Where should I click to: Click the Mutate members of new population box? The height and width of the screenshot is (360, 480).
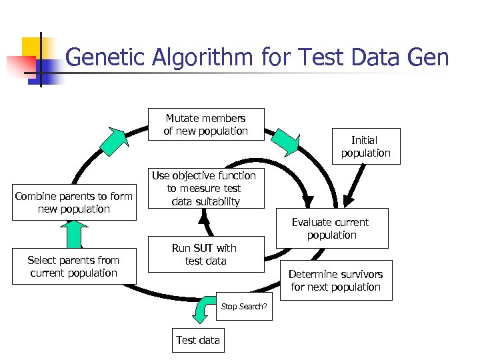point(205,125)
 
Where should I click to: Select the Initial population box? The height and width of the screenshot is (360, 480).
point(365,146)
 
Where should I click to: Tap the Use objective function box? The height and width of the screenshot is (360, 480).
point(204,188)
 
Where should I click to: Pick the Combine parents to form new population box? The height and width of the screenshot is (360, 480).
point(73,202)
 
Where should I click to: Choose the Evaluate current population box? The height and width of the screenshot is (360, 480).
point(331,228)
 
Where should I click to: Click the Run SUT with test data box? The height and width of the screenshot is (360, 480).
point(205,254)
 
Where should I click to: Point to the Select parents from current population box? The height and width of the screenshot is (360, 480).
point(73,266)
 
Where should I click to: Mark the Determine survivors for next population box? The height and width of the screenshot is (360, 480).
point(335,280)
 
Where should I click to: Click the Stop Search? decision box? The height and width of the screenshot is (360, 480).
point(244,306)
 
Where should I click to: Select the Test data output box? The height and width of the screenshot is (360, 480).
point(197,340)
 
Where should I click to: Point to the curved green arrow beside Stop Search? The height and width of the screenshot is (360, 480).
point(203,307)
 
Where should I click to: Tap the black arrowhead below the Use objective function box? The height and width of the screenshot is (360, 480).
point(205,216)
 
